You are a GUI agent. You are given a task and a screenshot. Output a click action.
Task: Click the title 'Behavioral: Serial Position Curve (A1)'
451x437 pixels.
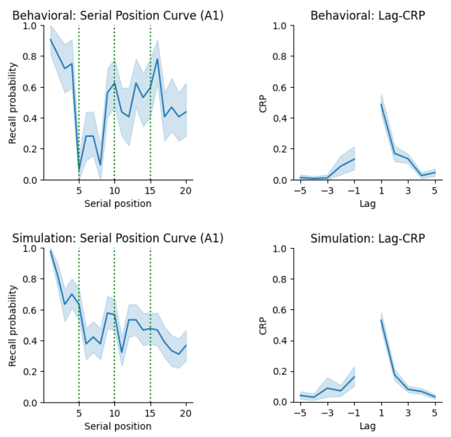(x=118, y=16)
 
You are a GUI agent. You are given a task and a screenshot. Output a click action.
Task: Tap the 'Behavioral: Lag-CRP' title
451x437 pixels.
(x=367, y=16)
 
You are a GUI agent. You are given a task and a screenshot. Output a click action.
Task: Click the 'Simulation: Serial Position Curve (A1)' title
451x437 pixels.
(x=118, y=238)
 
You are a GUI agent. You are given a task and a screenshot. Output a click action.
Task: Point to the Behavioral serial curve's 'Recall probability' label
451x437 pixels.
(x=13, y=103)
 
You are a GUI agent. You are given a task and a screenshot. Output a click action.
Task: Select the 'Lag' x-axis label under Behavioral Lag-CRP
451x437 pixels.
(x=367, y=203)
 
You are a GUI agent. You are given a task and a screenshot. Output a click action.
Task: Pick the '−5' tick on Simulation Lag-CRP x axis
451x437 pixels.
(x=300, y=413)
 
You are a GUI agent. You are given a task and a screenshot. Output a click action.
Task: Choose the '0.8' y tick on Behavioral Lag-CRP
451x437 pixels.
(x=280, y=57)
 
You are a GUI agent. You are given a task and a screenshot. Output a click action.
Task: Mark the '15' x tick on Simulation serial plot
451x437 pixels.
(x=151, y=413)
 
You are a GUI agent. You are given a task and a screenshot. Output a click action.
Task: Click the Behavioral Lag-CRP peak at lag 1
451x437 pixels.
(x=381, y=104)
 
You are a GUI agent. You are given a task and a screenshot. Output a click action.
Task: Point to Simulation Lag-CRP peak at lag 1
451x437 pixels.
(x=381, y=320)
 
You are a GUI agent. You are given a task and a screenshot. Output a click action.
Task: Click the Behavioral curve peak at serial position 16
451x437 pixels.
(x=157, y=59)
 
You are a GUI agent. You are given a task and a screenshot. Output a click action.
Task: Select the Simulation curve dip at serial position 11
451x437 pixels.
(x=122, y=352)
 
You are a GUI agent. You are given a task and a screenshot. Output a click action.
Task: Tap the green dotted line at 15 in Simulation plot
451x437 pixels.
(x=151, y=363)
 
